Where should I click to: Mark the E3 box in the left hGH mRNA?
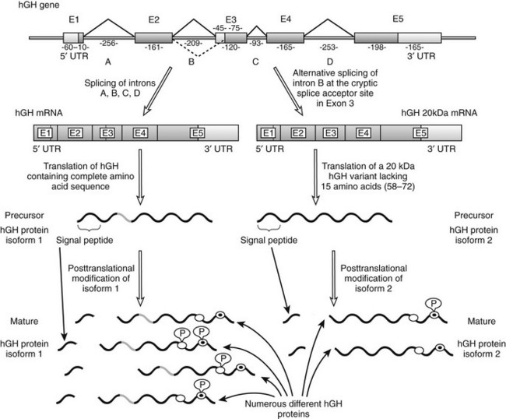(x=108, y=133)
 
